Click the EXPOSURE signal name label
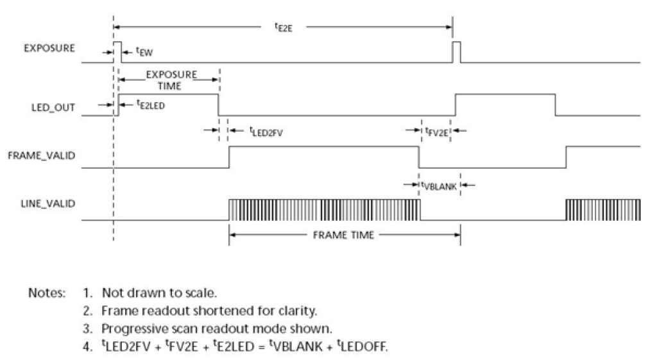pyautogui.click(x=49, y=48)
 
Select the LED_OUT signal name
pyautogui.click(x=53, y=108)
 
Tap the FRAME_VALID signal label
pyautogui.click(x=42, y=155)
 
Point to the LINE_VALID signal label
pyautogui.click(x=47, y=203)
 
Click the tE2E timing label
pyautogui.click(x=284, y=28)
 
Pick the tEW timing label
pyautogui.click(x=144, y=52)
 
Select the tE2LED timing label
pyautogui.click(x=151, y=105)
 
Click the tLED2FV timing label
pyautogui.click(x=266, y=132)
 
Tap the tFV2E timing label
pyautogui.click(x=436, y=132)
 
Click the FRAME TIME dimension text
pyautogui.click(x=344, y=235)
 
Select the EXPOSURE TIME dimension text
pyautogui.click(x=171, y=80)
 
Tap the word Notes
pyautogui.click(x=47, y=293)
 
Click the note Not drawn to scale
pyautogui.click(x=159, y=293)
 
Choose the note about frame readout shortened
pyautogui.click(x=209, y=311)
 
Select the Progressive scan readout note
pyautogui.click(x=217, y=329)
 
